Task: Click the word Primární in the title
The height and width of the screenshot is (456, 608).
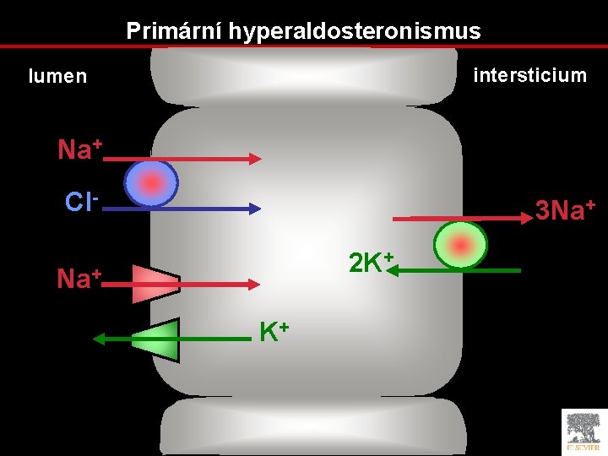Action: click(x=165, y=31)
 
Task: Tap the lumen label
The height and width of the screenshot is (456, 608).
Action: click(x=57, y=76)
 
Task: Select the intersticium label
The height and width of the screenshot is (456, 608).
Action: click(x=530, y=75)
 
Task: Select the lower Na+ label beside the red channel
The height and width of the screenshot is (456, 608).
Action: click(x=79, y=278)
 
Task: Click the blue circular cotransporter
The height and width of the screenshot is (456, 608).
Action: click(x=151, y=183)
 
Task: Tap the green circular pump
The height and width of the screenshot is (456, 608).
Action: click(x=460, y=246)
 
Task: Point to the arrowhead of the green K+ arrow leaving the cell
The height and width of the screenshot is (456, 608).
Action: click(x=98, y=339)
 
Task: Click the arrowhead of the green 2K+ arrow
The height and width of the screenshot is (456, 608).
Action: click(x=397, y=270)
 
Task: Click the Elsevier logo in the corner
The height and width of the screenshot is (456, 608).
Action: click(x=584, y=432)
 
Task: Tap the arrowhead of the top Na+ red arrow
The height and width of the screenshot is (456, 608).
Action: click(x=256, y=158)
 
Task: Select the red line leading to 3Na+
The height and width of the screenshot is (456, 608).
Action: click(x=460, y=218)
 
